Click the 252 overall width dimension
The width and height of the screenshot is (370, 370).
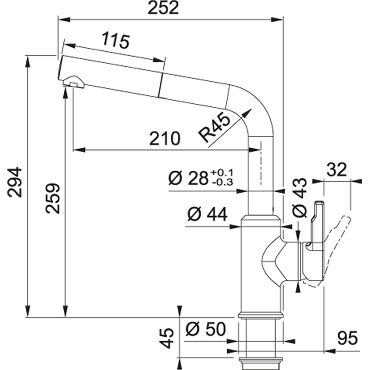[x=163, y=8]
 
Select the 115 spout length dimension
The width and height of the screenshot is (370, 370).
[x=116, y=41]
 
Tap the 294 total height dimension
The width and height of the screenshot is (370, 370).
[x=15, y=182]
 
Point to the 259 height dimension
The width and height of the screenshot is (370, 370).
[x=52, y=198]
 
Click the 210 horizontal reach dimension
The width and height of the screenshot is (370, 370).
[x=164, y=139]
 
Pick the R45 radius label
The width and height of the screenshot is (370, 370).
[x=215, y=129]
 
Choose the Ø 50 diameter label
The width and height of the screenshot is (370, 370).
[x=206, y=330]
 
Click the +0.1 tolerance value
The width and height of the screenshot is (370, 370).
[x=222, y=173]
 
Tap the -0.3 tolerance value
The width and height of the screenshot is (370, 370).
[x=222, y=182]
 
